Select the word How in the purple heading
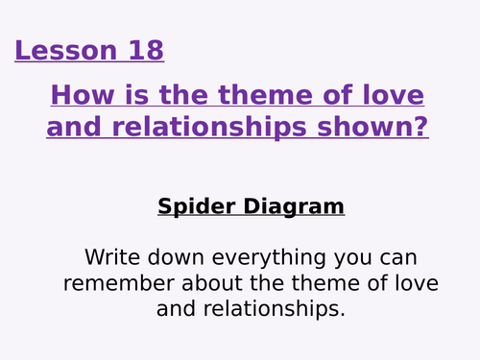(76, 96)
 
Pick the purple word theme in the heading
(274, 96)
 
